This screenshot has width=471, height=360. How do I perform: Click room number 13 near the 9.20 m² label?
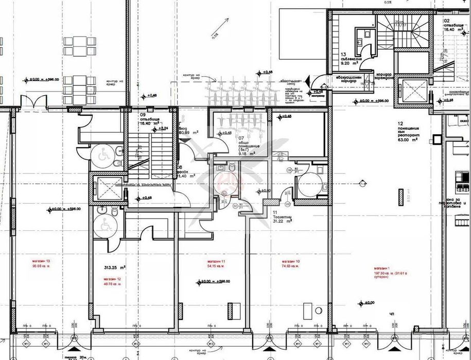(342, 54)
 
